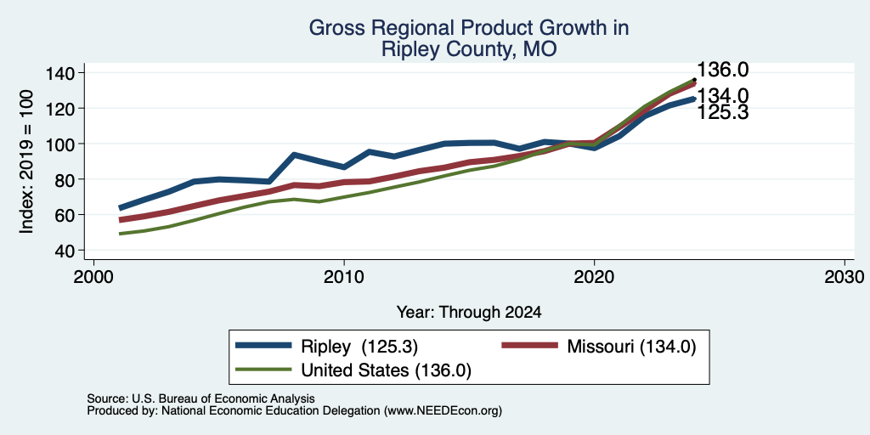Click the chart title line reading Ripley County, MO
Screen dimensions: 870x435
click(x=468, y=49)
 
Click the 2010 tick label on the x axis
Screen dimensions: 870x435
click(x=344, y=276)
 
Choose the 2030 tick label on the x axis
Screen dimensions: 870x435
click(x=845, y=276)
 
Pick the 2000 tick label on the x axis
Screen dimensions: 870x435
click(x=93, y=276)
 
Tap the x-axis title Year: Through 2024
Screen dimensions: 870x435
click(x=469, y=313)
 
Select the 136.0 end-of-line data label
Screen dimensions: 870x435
click(x=722, y=70)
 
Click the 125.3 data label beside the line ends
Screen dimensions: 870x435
click(x=722, y=113)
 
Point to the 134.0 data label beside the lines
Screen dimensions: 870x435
click(x=722, y=96)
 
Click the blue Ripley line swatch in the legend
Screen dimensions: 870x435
click(x=263, y=345)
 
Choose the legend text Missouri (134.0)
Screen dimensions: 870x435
click(x=630, y=347)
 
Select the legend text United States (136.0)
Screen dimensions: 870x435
click(x=387, y=370)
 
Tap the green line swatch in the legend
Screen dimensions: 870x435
click(x=263, y=369)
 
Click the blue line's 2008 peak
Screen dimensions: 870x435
click(x=294, y=155)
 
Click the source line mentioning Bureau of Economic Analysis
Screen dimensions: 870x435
click(x=201, y=398)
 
